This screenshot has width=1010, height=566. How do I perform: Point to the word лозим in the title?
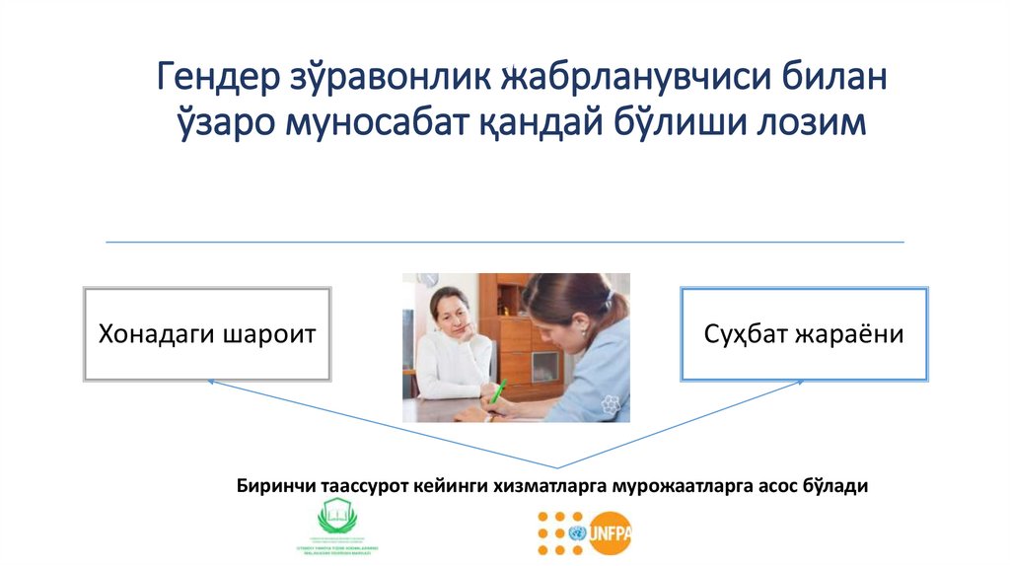click(810, 124)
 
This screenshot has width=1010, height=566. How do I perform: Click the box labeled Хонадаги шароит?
click(206, 334)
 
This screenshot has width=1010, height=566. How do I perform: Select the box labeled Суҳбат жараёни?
click(803, 334)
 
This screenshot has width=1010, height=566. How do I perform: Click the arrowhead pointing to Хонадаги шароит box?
click(211, 383)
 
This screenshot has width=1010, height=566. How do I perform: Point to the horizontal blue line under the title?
click(504, 242)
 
